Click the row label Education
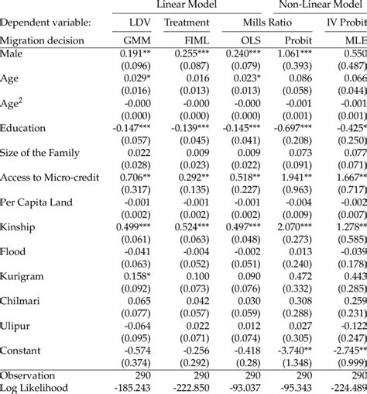pos(23,127)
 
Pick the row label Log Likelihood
pos(36,387)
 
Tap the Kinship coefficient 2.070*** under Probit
pos(300,226)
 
